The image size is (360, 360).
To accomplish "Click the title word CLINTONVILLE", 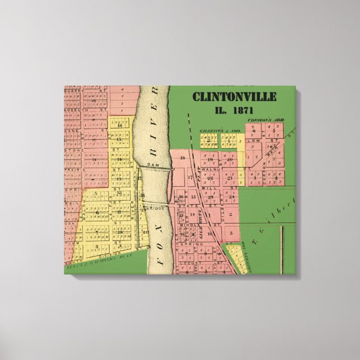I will pyautogui.click(x=234, y=97).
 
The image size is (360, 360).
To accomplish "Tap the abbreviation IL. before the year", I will pyautogui.click(x=222, y=110).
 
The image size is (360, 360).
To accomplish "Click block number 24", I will pyautogui.click(x=231, y=197).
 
